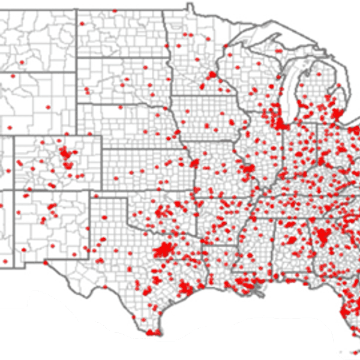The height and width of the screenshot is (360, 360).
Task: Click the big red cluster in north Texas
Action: [x=163, y=250]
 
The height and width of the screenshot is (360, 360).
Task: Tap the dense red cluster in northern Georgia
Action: [x=326, y=235]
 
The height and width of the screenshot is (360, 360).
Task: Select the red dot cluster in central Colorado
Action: [x=67, y=158]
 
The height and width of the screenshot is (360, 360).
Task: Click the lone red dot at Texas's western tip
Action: [x=74, y=254]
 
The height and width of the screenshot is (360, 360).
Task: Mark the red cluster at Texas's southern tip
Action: [x=153, y=331]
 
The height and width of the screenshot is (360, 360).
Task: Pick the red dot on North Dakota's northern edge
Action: [x=114, y=11]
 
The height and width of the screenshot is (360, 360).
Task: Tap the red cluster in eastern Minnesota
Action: [x=212, y=75]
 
